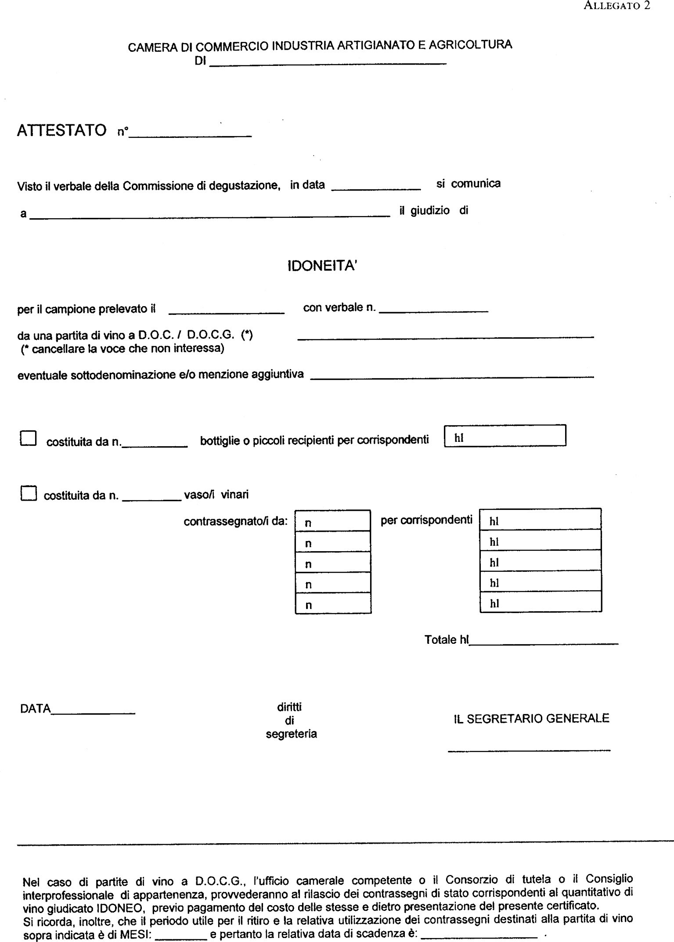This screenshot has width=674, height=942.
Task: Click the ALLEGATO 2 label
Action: (x=617, y=6)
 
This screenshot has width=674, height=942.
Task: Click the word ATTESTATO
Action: (x=61, y=130)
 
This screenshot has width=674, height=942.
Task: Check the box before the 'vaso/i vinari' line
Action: (x=28, y=493)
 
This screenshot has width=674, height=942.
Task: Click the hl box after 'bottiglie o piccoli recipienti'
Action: (x=505, y=436)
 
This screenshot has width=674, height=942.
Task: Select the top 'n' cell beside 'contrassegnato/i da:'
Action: (x=333, y=521)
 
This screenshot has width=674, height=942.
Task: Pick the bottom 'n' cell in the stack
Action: (x=333, y=603)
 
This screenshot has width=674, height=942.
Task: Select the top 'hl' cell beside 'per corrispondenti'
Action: (x=540, y=520)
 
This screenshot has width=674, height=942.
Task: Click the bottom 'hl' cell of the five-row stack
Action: (x=540, y=602)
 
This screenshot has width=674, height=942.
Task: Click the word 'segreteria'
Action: (x=291, y=734)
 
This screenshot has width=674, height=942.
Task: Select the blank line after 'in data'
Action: (x=376, y=188)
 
